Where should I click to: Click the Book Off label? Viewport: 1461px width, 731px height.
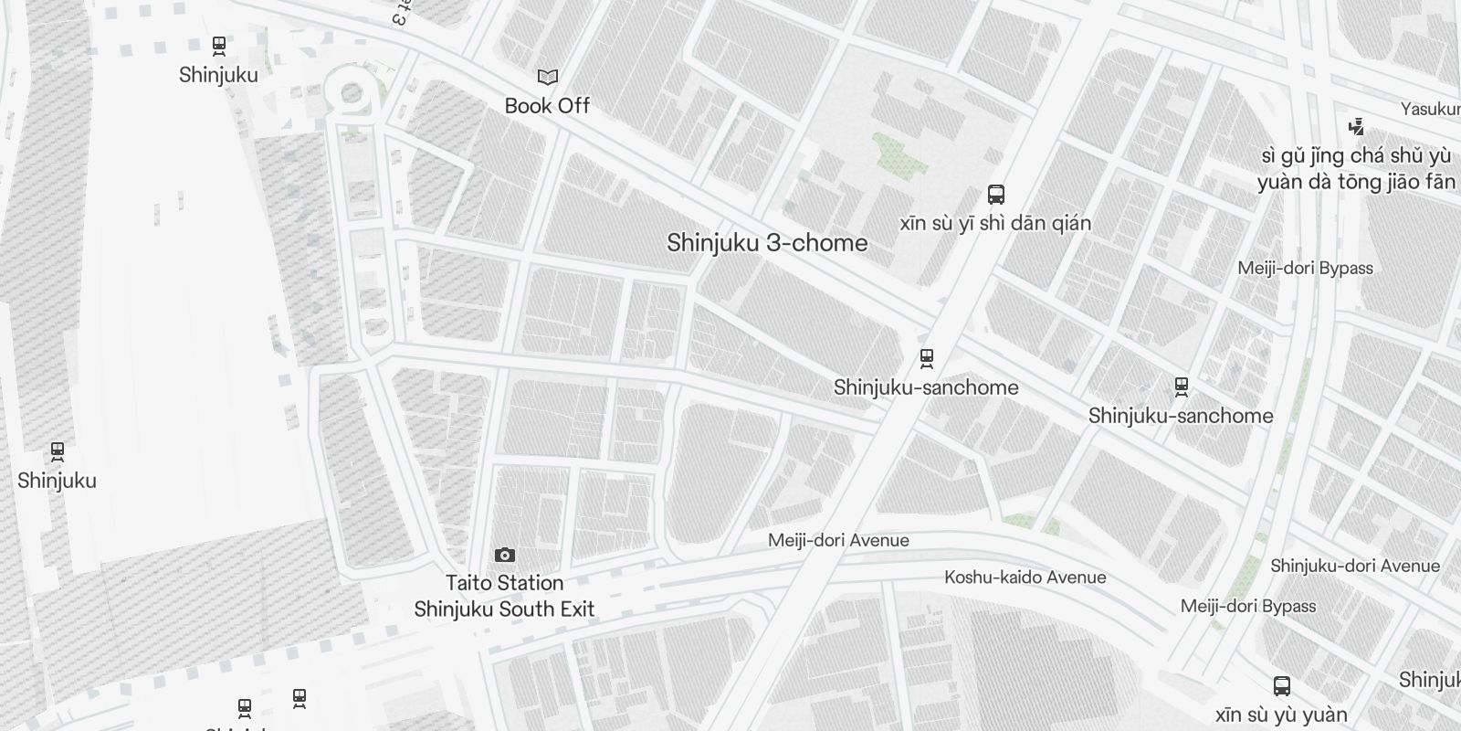tap(547, 106)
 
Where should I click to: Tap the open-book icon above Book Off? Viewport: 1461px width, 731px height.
tap(547, 78)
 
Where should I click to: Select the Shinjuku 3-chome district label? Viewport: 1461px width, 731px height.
tap(767, 243)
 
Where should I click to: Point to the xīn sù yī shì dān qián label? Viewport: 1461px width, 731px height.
tap(995, 224)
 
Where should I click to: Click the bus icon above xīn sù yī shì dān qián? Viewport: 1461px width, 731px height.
tap(996, 195)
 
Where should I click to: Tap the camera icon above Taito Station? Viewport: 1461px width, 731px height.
tap(504, 556)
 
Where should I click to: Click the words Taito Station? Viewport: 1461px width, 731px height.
tap(504, 583)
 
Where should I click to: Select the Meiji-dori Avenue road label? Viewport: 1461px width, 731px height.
tap(838, 540)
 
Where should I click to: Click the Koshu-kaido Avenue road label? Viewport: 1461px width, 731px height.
tap(1025, 577)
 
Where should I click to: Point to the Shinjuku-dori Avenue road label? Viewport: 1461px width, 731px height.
tap(1354, 567)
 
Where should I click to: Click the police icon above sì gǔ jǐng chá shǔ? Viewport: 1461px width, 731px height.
tap(1357, 127)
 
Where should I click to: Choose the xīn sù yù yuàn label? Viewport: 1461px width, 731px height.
tap(1281, 715)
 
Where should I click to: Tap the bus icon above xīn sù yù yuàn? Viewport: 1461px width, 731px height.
tap(1282, 686)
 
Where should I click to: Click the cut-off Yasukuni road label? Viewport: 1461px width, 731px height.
tap(1431, 110)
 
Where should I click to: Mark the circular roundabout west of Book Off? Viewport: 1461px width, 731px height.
tap(352, 93)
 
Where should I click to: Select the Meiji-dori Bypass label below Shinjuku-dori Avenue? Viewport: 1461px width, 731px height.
tap(1247, 607)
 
